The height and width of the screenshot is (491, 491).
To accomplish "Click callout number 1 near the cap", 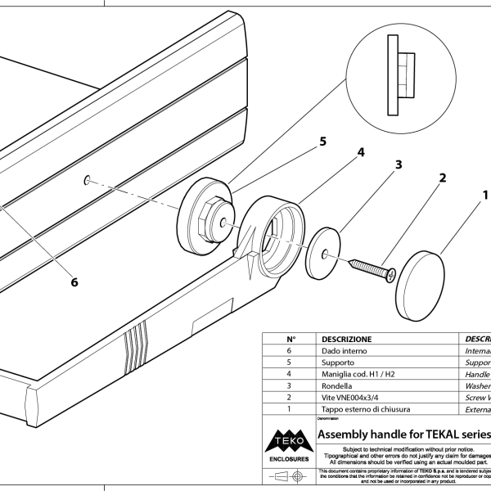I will click(x=484, y=196).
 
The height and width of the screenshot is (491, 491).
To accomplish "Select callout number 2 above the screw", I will click(x=442, y=178).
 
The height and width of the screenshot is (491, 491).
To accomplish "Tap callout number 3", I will click(x=399, y=164).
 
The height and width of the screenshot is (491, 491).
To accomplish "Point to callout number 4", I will click(x=360, y=153).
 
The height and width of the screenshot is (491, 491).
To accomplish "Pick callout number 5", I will click(x=322, y=142).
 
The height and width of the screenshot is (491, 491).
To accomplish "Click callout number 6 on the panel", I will click(x=74, y=282).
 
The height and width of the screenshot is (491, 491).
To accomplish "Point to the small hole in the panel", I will click(x=87, y=179).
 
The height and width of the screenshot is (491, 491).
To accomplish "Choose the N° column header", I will click(x=290, y=338).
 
